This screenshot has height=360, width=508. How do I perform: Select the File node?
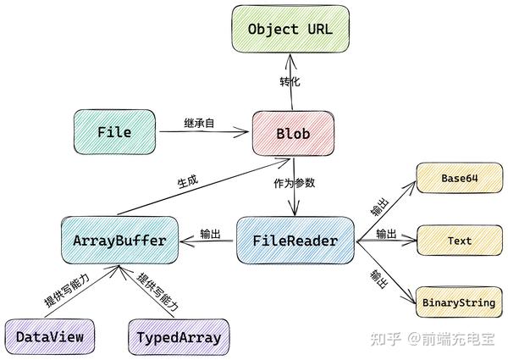point(114,134)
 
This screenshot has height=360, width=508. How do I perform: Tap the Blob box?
point(293,134)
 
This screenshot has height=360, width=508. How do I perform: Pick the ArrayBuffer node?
point(125,240)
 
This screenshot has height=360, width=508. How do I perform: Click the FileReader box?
point(295,240)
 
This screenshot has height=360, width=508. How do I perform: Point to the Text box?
point(459,241)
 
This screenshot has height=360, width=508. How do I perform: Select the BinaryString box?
point(459,302)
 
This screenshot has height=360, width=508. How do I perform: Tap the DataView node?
point(50,337)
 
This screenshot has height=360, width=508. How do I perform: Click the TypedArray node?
point(179,337)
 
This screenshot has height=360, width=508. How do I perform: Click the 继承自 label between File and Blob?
point(199,124)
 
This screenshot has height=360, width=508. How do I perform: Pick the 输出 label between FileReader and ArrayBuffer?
point(211,233)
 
